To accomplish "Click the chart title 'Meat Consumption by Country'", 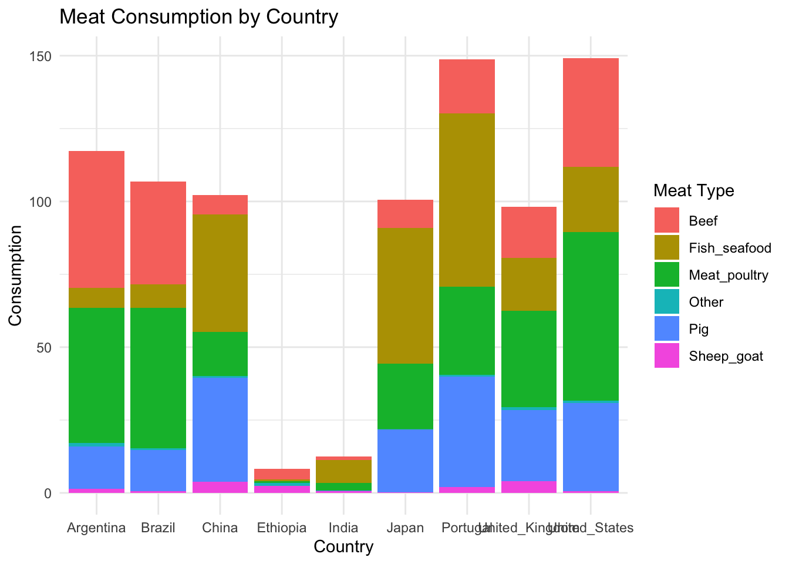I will coord(198,17).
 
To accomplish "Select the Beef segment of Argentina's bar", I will coord(96,219).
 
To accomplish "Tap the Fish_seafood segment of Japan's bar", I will coord(405,296).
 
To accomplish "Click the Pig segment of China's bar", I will coord(220,428).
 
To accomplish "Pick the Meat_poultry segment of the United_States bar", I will coord(591,316).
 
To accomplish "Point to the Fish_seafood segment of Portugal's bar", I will coord(467,200).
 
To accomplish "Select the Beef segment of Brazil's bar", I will coord(158,233).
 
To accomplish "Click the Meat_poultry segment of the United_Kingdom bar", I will coord(529,359).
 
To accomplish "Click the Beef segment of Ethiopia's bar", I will coord(282,474).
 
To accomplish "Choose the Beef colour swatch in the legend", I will coord(667,221).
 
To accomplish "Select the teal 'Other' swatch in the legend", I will coord(667,302).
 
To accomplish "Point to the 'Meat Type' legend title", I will coord(693,190).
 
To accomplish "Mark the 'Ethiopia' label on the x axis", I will coord(282,528).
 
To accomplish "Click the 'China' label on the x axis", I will coord(220,528).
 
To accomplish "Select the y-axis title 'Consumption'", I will coord(15,275).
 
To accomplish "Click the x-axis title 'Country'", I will coord(343,547).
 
